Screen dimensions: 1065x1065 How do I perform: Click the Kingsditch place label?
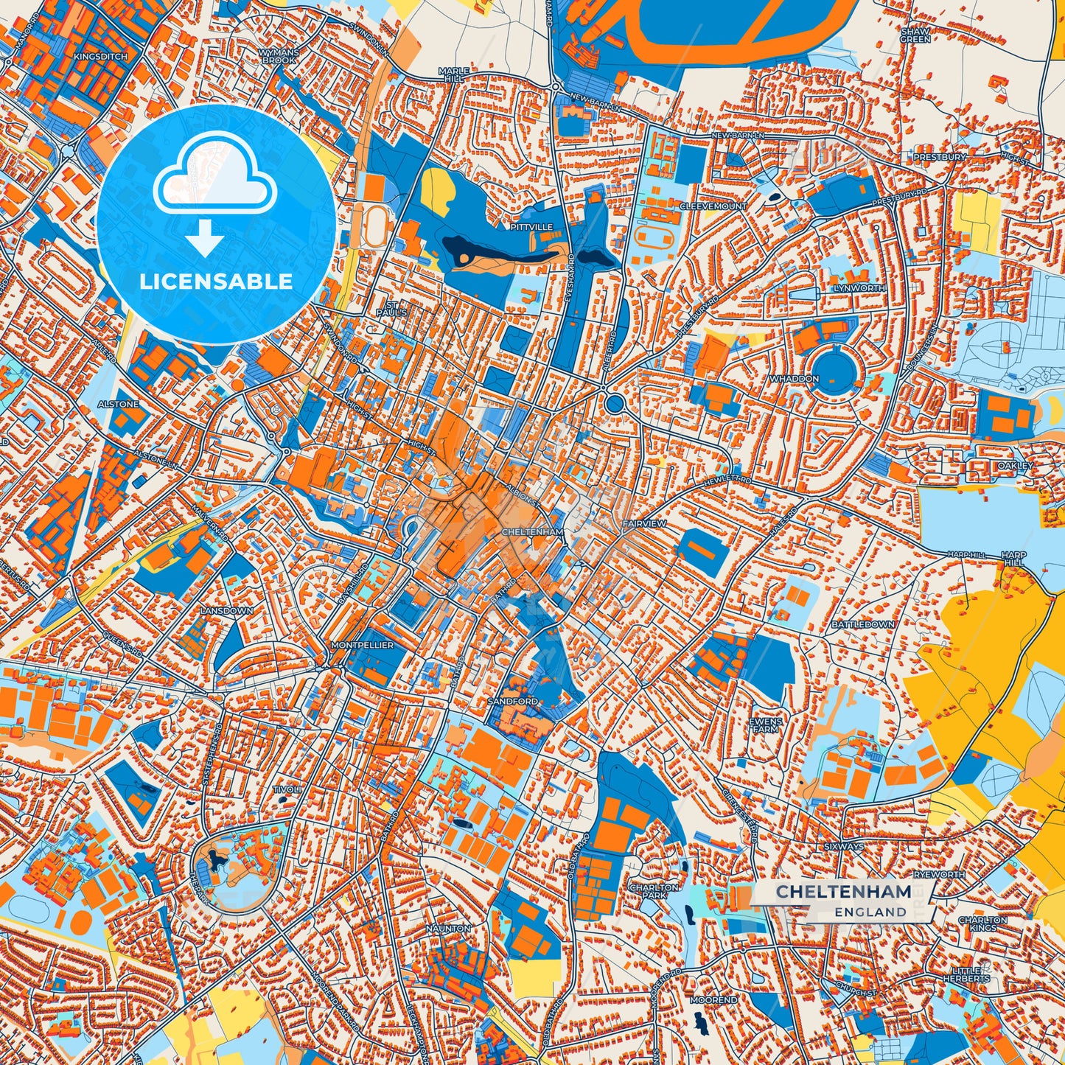click(x=100, y=57)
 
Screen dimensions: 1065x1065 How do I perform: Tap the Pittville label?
click(x=531, y=228)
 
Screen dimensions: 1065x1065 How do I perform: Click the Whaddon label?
click(x=794, y=379)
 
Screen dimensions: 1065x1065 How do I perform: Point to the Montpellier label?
click(x=363, y=645)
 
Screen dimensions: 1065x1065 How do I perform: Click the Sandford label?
click(x=512, y=702)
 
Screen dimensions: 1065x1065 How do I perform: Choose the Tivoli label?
click(x=287, y=789)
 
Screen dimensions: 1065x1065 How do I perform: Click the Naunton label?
click(x=448, y=929)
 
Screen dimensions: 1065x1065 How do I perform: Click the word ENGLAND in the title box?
click(x=870, y=912)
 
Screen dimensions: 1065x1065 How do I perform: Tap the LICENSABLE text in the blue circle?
click(x=216, y=282)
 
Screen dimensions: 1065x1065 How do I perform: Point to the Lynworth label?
click(x=859, y=288)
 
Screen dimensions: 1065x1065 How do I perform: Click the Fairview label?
click(x=644, y=523)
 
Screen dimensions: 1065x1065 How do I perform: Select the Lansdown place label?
click(x=227, y=611)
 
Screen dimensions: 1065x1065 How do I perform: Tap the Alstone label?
click(x=119, y=405)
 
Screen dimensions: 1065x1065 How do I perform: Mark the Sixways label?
click(x=843, y=847)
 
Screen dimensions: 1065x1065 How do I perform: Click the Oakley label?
click(x=1015, y=466)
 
